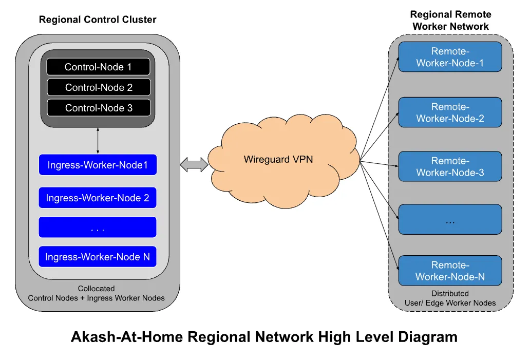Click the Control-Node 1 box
click(98, 67)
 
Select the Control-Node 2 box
click(99, 87)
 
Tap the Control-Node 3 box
click(99, 108)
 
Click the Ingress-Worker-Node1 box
click(98, 165)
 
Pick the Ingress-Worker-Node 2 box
click(98, 198)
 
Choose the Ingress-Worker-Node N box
click(98, 257)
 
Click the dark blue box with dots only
click(98, 227)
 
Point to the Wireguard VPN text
click(278, 159)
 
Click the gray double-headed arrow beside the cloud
click(194, 165)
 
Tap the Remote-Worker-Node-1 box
click(450, 57)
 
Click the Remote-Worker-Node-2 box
click(450, 112)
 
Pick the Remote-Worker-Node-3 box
click(450, 166)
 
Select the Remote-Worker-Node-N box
click(450, 271)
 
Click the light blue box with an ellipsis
click(450, 219)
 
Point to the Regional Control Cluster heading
click(98, 20)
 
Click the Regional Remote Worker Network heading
click(450, 20)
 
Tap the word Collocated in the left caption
click(96, 289)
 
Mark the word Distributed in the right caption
click(450, 293)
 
